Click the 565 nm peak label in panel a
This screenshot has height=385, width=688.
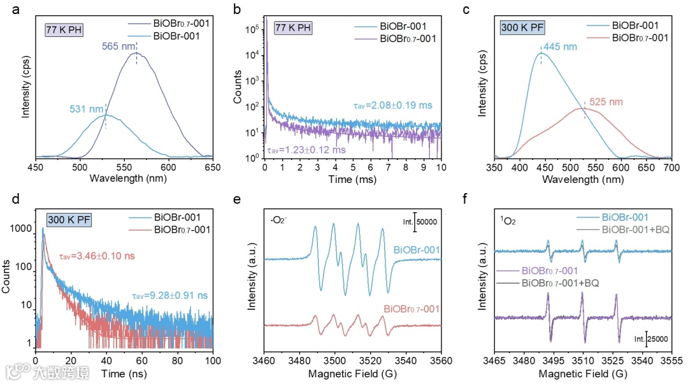(118, 47)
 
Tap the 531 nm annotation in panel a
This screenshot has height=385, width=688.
(86, 110)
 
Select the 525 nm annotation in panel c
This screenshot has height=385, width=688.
(606, 102)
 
